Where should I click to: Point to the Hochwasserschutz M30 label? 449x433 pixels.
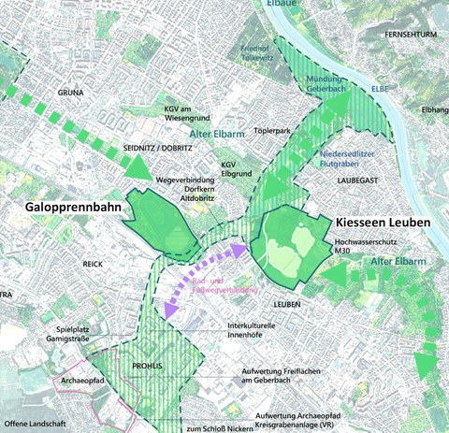[x=367, y=247]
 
